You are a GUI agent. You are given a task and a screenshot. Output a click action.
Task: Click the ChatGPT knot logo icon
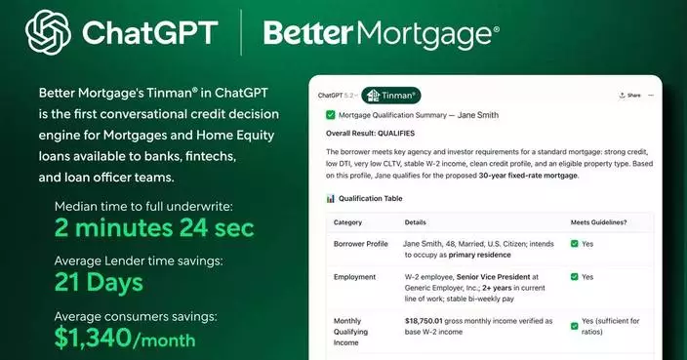click(48, 32)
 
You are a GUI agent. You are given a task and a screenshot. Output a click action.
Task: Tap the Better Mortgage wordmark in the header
click(382, 33)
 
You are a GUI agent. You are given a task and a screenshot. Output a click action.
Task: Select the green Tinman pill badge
click(390, 96)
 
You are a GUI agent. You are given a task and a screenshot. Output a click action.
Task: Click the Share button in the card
click(629, 96)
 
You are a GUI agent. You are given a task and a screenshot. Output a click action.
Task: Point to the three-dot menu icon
click(652, 96)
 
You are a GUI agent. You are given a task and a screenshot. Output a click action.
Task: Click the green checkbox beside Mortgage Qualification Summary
click(331, 115)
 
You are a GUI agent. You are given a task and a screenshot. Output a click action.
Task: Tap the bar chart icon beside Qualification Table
click(331, 198)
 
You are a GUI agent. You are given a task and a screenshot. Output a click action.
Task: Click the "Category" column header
click(347, 222)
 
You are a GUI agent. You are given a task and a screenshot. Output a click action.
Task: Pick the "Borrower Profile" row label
click(362, 244)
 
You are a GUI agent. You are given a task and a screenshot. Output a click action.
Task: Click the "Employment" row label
click(355, 277)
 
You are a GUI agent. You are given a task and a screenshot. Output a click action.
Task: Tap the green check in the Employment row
click(576, 277)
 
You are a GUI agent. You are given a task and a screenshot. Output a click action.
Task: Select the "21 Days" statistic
click(99, 284)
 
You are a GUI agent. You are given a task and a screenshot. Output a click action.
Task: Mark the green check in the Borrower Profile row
click(576, 244)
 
